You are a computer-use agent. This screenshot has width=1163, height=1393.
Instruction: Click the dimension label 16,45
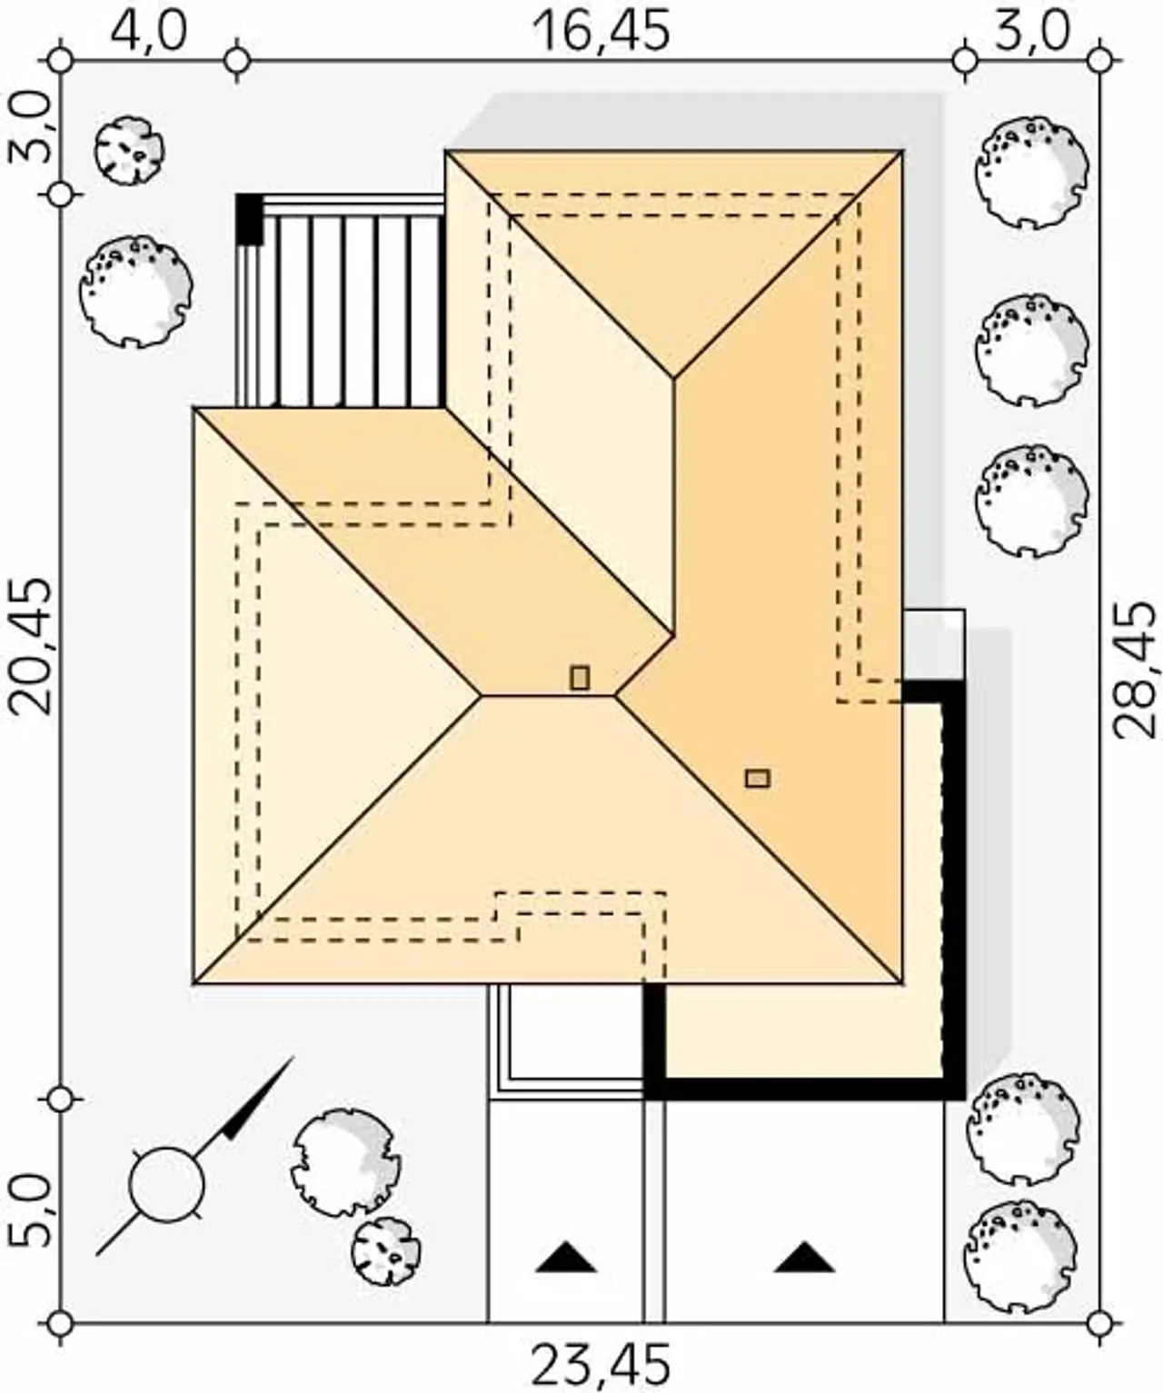(x=601, y=31)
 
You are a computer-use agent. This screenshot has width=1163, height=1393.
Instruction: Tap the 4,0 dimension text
(x=148, y=31)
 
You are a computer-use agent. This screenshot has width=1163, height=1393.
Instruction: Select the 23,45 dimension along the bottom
(x=601, y=1364)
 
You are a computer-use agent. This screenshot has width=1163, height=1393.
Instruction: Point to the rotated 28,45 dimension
(x=1134, y=669)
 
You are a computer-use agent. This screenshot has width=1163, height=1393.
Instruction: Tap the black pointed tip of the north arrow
(x=293, y=1058)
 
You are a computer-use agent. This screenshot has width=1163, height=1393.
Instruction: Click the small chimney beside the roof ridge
(x=580, y=678)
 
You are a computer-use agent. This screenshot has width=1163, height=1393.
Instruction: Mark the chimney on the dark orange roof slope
(x=758, y=779)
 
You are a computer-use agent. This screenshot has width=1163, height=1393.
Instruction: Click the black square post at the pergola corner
(x=250, y=219)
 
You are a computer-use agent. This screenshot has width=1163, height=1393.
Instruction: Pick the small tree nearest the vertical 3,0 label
(x=129, y=149)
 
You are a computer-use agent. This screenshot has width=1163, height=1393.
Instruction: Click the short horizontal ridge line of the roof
(x=548, y=696)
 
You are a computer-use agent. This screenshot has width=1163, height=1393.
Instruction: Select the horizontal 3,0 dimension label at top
(x=1031, y=31)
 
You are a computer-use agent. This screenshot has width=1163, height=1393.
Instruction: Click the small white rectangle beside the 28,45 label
(x=933, y=644)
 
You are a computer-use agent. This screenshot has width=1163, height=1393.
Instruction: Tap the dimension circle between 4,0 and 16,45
(x=237, y=61)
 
